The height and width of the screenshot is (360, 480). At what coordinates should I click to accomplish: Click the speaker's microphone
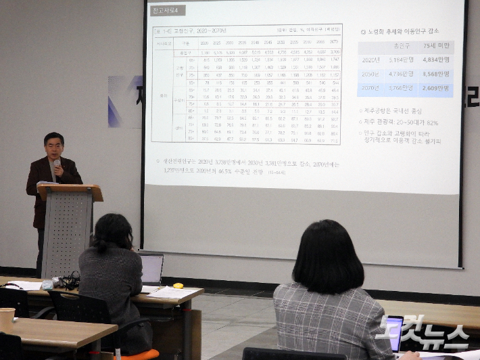click(57, 164)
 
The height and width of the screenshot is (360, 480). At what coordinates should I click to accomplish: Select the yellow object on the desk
click(178, 286)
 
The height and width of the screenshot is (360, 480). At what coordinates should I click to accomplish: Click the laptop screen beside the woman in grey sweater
click(151, 269)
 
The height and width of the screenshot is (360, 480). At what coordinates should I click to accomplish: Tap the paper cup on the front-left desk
click(7, 319)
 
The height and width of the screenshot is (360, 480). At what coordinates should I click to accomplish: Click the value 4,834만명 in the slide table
click(435, 60)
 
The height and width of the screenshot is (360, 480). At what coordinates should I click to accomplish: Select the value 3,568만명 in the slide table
click(435, 74)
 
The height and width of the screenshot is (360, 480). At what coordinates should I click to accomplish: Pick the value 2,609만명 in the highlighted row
click(435, 89)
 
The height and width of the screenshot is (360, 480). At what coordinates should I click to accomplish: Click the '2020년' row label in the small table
click(370, 60)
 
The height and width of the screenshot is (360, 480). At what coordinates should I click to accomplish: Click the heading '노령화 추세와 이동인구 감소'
click(403, 31)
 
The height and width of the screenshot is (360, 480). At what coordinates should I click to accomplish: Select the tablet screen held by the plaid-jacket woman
click(393, 332)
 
